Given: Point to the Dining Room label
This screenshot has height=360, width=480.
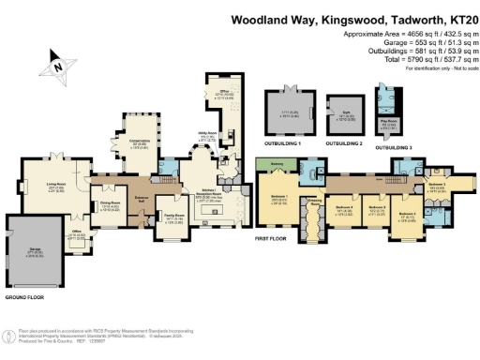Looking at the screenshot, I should (111, 205).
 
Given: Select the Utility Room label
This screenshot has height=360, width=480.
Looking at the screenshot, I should (204, 137).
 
